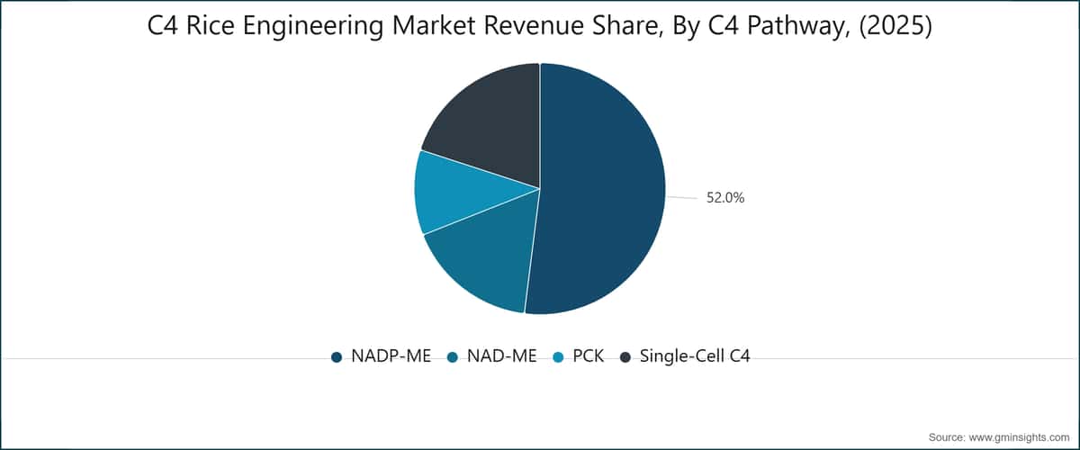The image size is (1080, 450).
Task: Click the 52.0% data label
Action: coord(725,198)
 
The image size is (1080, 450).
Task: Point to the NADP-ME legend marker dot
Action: coord(337,357)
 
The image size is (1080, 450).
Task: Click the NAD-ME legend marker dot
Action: coord(452,357)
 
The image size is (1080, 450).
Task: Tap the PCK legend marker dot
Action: coord(558,357)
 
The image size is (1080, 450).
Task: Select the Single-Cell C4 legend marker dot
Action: coord(625,357)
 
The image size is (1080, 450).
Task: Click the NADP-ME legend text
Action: coord(391,355)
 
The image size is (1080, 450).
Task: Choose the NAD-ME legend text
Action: coord(502,355)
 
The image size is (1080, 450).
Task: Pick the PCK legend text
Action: coord(589,355)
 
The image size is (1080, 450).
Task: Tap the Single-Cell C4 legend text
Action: coord(695,355)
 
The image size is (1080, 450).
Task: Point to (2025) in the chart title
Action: coord(895,26)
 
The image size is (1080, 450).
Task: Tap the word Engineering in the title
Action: coord(313,27)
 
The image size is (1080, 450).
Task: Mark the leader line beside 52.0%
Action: coord(682,197)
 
